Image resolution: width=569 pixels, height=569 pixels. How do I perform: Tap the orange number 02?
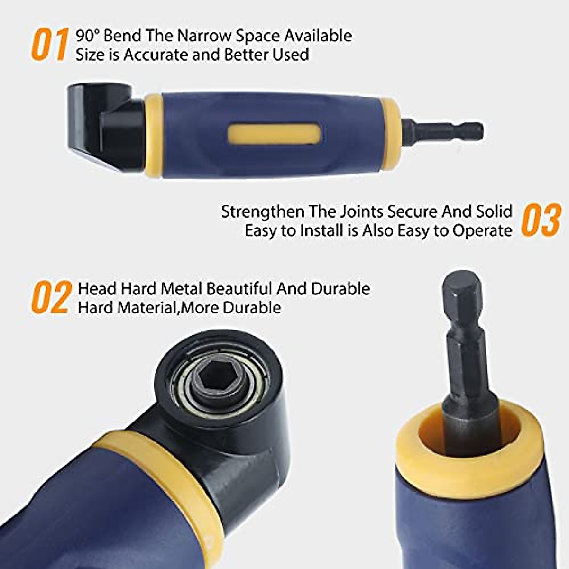(x=50, y=298)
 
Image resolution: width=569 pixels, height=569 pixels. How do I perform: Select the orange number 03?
(x=541, y=220)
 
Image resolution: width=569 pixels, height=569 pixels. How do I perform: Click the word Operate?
(x=482, y=231)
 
